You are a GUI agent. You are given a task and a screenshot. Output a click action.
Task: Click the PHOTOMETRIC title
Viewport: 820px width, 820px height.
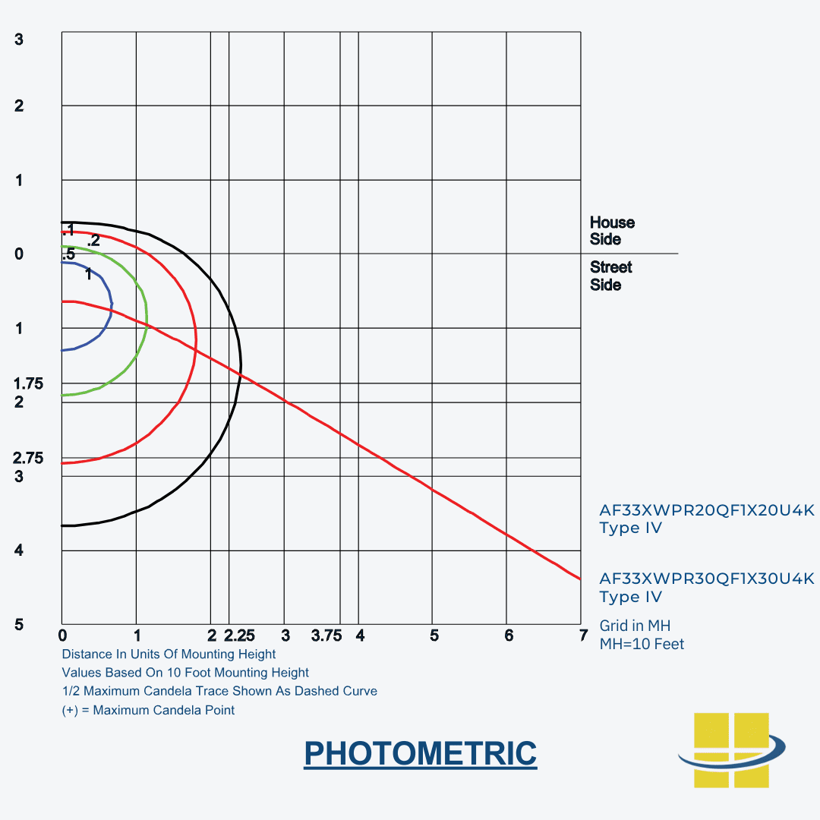click(420, 753)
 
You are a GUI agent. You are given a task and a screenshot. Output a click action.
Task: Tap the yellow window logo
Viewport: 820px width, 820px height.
click(731, 749)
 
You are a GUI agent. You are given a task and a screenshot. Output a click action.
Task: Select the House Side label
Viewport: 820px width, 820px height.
click(612, 231)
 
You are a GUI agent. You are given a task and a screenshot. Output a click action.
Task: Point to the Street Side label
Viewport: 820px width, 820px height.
click(610, 276)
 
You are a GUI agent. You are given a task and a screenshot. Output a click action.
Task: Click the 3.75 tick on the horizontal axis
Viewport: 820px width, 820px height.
click(326, 635)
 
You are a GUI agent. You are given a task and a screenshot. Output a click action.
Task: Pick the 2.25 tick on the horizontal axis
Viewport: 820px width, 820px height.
click(239, 635)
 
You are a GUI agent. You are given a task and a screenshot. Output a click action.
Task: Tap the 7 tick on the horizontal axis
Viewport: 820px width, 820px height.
click(583, 635)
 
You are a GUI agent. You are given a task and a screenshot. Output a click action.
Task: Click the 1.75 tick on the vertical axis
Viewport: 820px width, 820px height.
click(29, 384)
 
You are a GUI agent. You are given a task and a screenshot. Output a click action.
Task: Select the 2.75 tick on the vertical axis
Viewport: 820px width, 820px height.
click(29, 458)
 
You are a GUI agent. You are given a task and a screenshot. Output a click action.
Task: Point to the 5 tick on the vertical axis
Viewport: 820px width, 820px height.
click(19, 625)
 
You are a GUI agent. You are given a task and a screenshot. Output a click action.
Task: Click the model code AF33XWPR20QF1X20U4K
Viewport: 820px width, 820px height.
click(706, 510)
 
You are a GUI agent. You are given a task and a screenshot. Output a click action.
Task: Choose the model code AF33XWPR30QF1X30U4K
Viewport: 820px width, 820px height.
click(706, 579)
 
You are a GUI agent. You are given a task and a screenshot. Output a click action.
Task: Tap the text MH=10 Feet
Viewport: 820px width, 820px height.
click(642, 644)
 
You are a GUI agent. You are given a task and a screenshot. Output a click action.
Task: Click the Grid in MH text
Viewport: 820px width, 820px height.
click(635, 626)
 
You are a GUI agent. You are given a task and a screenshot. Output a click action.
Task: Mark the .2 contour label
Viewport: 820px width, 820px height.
click(93, 241)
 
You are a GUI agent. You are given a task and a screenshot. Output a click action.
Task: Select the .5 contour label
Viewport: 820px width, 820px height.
click(68, 254)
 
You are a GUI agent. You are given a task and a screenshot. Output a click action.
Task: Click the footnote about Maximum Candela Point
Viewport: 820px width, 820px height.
click(148, 710)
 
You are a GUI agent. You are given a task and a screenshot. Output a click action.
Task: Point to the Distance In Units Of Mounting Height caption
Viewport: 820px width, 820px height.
click(169, 654)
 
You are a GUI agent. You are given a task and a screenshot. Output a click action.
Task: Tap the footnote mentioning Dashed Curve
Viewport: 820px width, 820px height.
click(219, 691)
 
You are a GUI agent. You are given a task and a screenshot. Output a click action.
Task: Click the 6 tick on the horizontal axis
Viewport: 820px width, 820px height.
click(509, 635)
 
